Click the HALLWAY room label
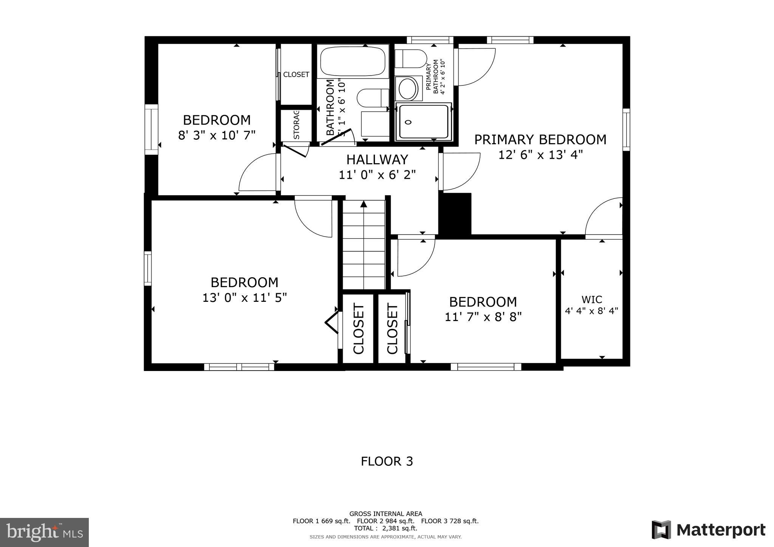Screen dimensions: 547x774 coord(377,160)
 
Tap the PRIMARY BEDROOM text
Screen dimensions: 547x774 coord(540,140)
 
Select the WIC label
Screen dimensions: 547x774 coord(591,300)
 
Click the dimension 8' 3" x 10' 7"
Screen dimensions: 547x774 coord(217,135)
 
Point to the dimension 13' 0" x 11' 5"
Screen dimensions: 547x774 coord(245,298)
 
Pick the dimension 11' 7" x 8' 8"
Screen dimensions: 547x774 coord(483,317)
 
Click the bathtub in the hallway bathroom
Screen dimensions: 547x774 coord(353,61)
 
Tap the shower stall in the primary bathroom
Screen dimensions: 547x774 coord(423,122)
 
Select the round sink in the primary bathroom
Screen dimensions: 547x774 coord(408,88)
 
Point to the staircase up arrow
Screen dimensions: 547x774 coord(364,204)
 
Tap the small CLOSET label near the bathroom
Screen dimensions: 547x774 coord(296,74)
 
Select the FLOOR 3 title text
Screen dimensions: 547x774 coord(387,461)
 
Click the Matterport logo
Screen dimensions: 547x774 coord(708,530)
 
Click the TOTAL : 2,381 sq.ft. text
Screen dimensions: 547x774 coord(385,528)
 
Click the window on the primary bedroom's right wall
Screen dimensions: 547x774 coord(626,130)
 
